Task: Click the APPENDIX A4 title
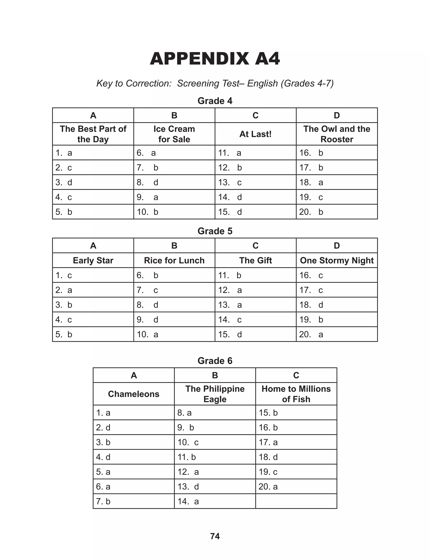click(215, 59)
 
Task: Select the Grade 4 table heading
click(215, 101)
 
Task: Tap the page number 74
click(215, 536)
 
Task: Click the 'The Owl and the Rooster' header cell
click(337, 134)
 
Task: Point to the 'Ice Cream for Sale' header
click(174, 134)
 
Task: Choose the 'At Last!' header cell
click(256, 134)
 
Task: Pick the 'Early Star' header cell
click(93, 260)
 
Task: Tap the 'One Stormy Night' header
click(337, 260)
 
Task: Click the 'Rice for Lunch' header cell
click(174, 260)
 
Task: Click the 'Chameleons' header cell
click(134, 394)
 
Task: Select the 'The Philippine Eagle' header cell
click(215, 394)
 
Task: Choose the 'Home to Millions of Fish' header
click(296, 394)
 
